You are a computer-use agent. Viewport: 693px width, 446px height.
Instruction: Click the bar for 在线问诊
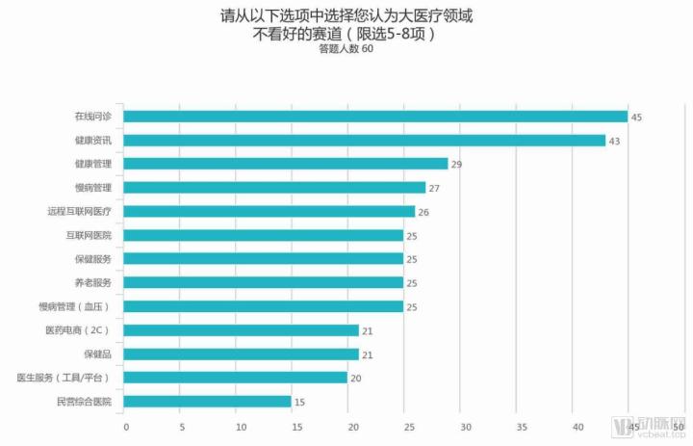[x=375, y=117]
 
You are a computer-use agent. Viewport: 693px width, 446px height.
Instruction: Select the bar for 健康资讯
[x=365, y=141]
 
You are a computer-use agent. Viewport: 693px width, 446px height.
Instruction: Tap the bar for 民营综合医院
[x=208, y=401]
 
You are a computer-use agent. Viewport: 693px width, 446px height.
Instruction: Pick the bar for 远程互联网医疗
[x=269, y=211]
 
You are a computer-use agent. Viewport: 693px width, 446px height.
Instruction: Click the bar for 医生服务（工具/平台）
[x=236, y=378]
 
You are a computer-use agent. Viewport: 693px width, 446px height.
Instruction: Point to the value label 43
[x=614, y=142]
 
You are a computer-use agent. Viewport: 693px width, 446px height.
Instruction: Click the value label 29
[x=456, y=165]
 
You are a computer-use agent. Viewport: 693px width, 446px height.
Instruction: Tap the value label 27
[x=434, y=188]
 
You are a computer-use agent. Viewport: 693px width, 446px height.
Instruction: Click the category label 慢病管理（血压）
[x=81, y=306]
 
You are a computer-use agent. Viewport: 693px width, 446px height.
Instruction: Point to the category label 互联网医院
[x=89, y=235]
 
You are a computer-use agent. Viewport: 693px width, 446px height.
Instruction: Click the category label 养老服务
[x=92, y=283]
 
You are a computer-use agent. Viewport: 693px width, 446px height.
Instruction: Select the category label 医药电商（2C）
[x=78, y=330]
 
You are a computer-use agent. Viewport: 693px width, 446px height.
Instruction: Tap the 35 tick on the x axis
[x=521, y=425]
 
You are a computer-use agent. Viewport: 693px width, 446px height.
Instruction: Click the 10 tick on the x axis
[x=239, y=425]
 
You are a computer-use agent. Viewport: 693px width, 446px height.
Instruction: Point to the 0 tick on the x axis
[x=126, y=425]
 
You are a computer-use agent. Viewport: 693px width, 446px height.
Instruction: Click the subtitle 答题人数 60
[x=346, y=50]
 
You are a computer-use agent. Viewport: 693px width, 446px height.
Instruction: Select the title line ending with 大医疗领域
[x=346, y=16]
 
